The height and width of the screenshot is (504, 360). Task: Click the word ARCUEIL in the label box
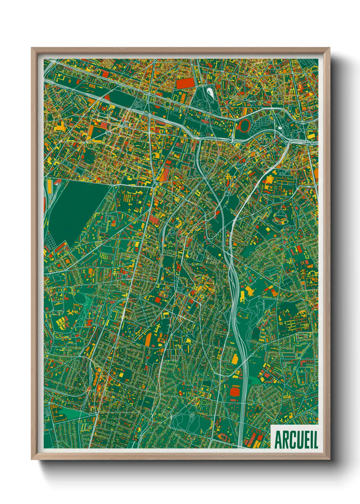tap(296, 440)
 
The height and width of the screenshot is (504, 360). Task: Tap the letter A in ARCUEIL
tap(278, 440)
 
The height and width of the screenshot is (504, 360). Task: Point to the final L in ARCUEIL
tap(316, 440)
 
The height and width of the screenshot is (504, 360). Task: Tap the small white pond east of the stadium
tap(280, 128)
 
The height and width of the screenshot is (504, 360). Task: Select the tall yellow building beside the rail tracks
tap(49, 186)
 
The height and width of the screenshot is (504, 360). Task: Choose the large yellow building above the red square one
tap(235, 359)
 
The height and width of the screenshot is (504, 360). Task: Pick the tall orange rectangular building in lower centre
tap(148, 339)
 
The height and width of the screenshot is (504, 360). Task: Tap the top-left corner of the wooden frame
tap(32, 48)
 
